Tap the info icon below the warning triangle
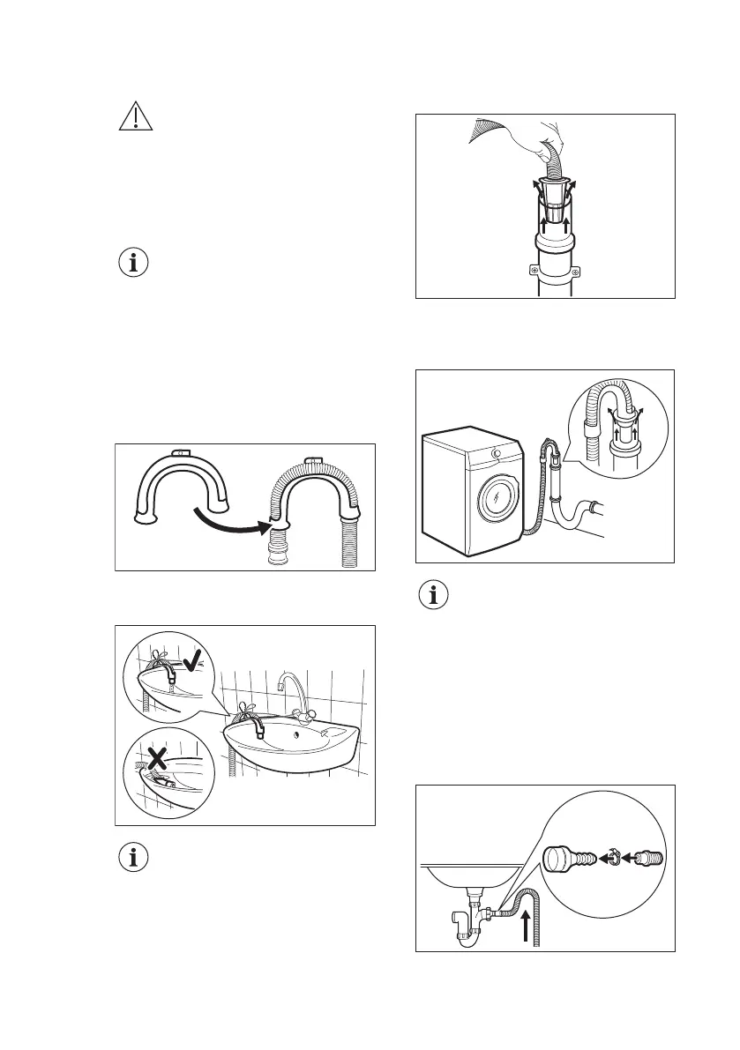click(136, 262)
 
